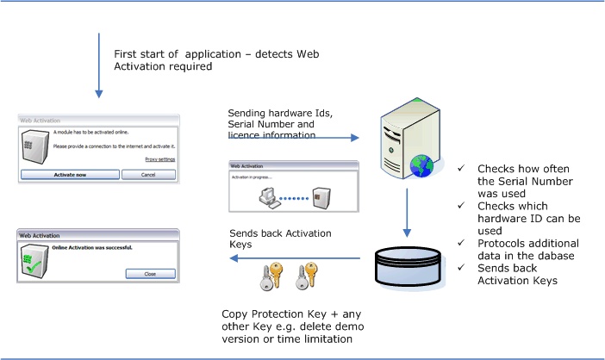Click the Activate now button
point(68,174)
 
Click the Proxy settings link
point(159,159)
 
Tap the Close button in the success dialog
point(150,273)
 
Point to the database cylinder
point(409,266)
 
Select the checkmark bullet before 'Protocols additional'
point(464,244)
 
